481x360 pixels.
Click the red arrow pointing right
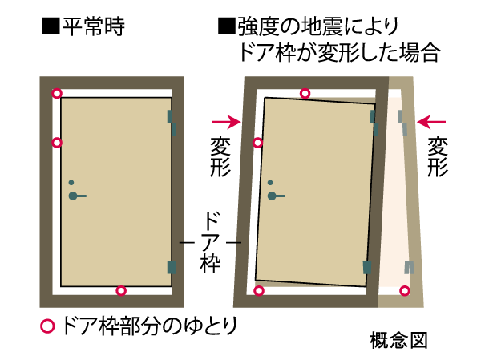227,122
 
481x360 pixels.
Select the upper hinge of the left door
171,120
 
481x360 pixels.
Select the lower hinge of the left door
171,267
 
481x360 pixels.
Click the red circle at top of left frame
56,93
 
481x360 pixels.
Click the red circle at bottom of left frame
121,290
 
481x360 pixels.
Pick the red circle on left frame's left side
56,143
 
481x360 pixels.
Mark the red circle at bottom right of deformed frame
405,290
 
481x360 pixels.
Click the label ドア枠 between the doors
211,241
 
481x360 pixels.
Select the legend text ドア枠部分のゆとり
149,326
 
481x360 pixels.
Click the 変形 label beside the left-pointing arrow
438,156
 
